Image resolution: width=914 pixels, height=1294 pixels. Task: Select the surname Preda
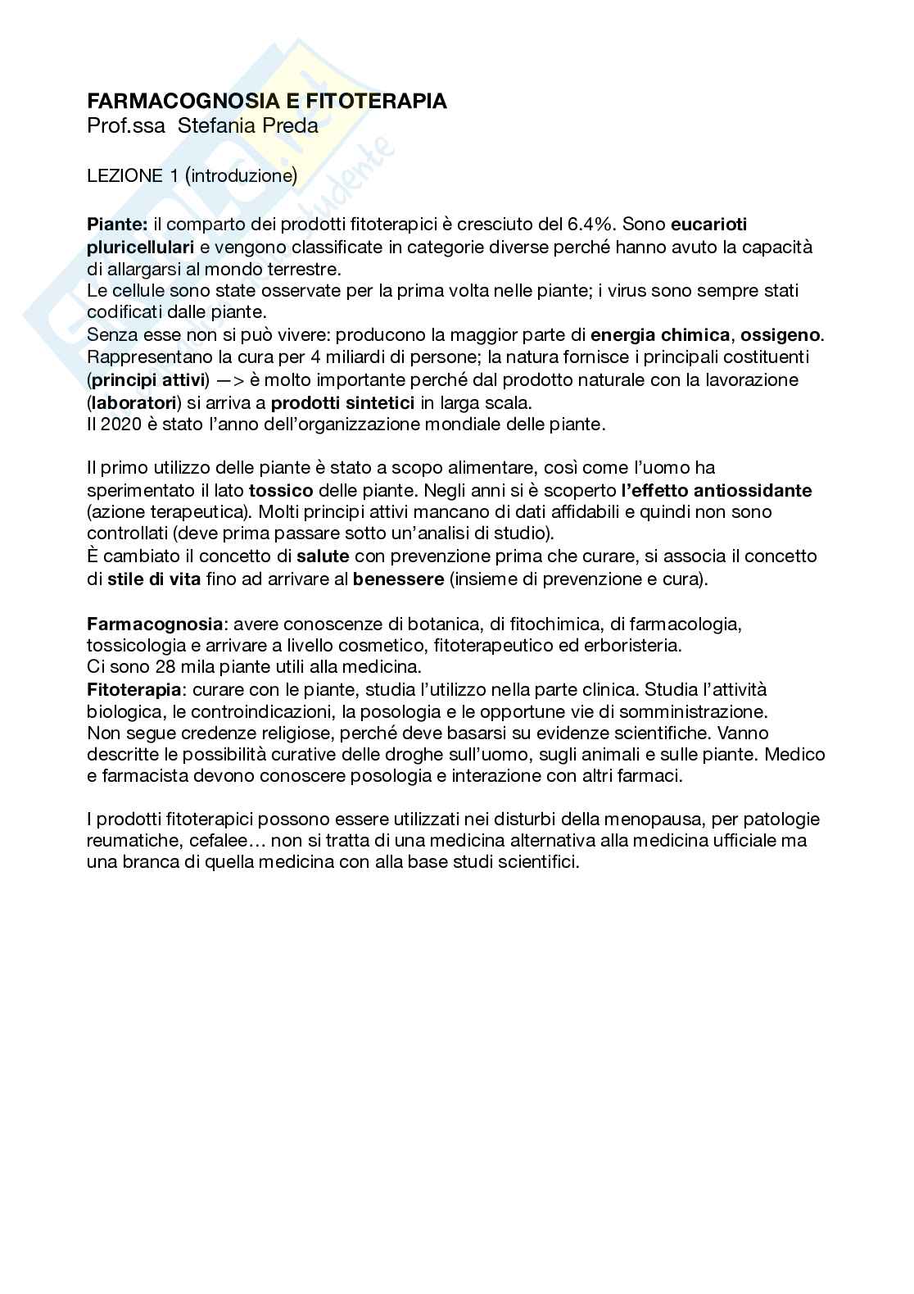click(x=288, y=126)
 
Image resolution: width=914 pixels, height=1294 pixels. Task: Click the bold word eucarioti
click(x=709, y=225)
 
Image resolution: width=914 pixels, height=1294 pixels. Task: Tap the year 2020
click(x=117, y=425)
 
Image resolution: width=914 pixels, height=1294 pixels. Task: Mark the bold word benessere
click(x=399, y=579)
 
